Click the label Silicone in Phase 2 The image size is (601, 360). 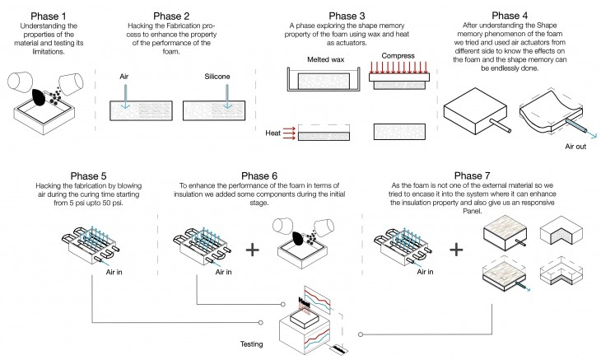(x=217, y=76)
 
